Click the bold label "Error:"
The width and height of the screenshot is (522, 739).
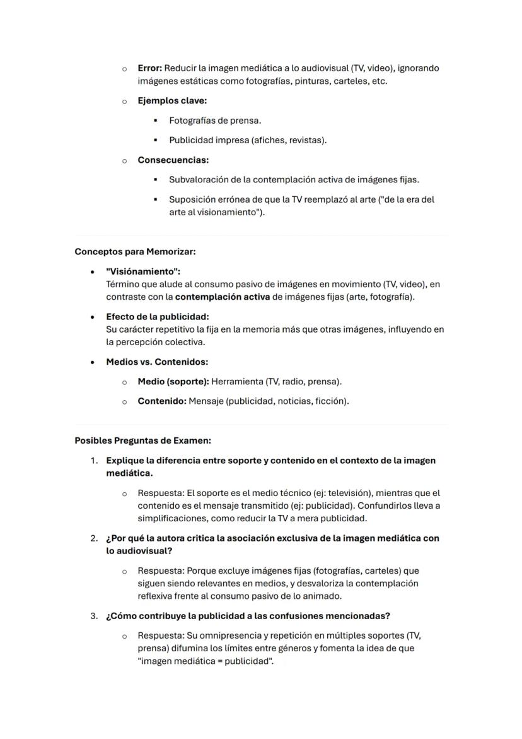[150, 68]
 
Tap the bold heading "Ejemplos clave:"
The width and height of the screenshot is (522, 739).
[172, 101]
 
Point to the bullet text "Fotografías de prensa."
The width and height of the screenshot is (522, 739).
[215, 121]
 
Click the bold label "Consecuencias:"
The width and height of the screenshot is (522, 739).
[173, 160]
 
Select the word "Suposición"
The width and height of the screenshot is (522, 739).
[192, 199]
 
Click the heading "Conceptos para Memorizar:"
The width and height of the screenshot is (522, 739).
[135, 252]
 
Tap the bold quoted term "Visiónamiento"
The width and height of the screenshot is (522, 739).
[143, 271]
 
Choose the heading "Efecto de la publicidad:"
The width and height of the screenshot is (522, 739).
[157, 317]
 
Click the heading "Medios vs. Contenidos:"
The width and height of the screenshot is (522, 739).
[157, 362]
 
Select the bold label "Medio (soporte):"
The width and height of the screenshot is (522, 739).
[173, 382]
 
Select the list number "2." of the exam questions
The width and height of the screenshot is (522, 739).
[93, 538]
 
